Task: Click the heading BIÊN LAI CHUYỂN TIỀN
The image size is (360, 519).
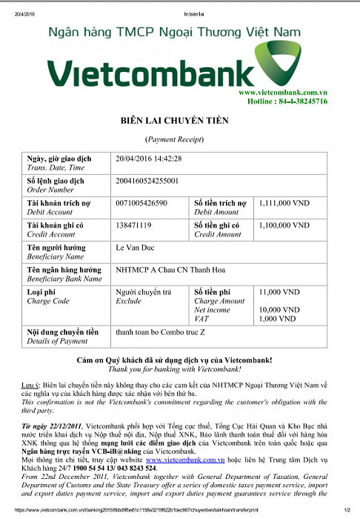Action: (175, 120)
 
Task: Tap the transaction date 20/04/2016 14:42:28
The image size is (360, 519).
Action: (149, 159)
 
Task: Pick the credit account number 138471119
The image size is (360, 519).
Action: (134, 225)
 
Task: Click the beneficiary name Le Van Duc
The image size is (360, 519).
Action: (135, 247)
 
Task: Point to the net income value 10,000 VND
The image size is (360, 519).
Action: (279, 309)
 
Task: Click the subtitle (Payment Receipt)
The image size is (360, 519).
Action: (174, 139)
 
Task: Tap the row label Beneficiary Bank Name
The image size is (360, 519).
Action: (64, 279)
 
